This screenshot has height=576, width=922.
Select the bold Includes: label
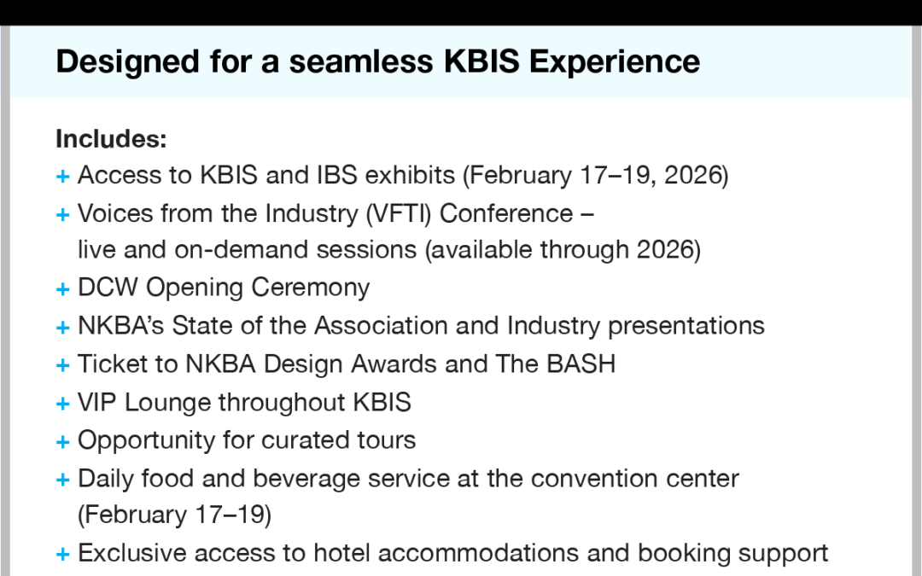tap(111, 139)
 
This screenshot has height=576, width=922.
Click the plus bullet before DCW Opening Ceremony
tap(63, 289)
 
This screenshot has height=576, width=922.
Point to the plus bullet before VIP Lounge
tap(63, 404)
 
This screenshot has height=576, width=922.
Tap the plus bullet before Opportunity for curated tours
tap(63, 442)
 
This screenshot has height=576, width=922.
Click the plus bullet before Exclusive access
tap(63, 555)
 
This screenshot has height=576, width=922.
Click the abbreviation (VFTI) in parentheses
tap(399, 214)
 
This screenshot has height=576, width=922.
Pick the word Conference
tap(506, 213)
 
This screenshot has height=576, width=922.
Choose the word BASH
tap(581, 364)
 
